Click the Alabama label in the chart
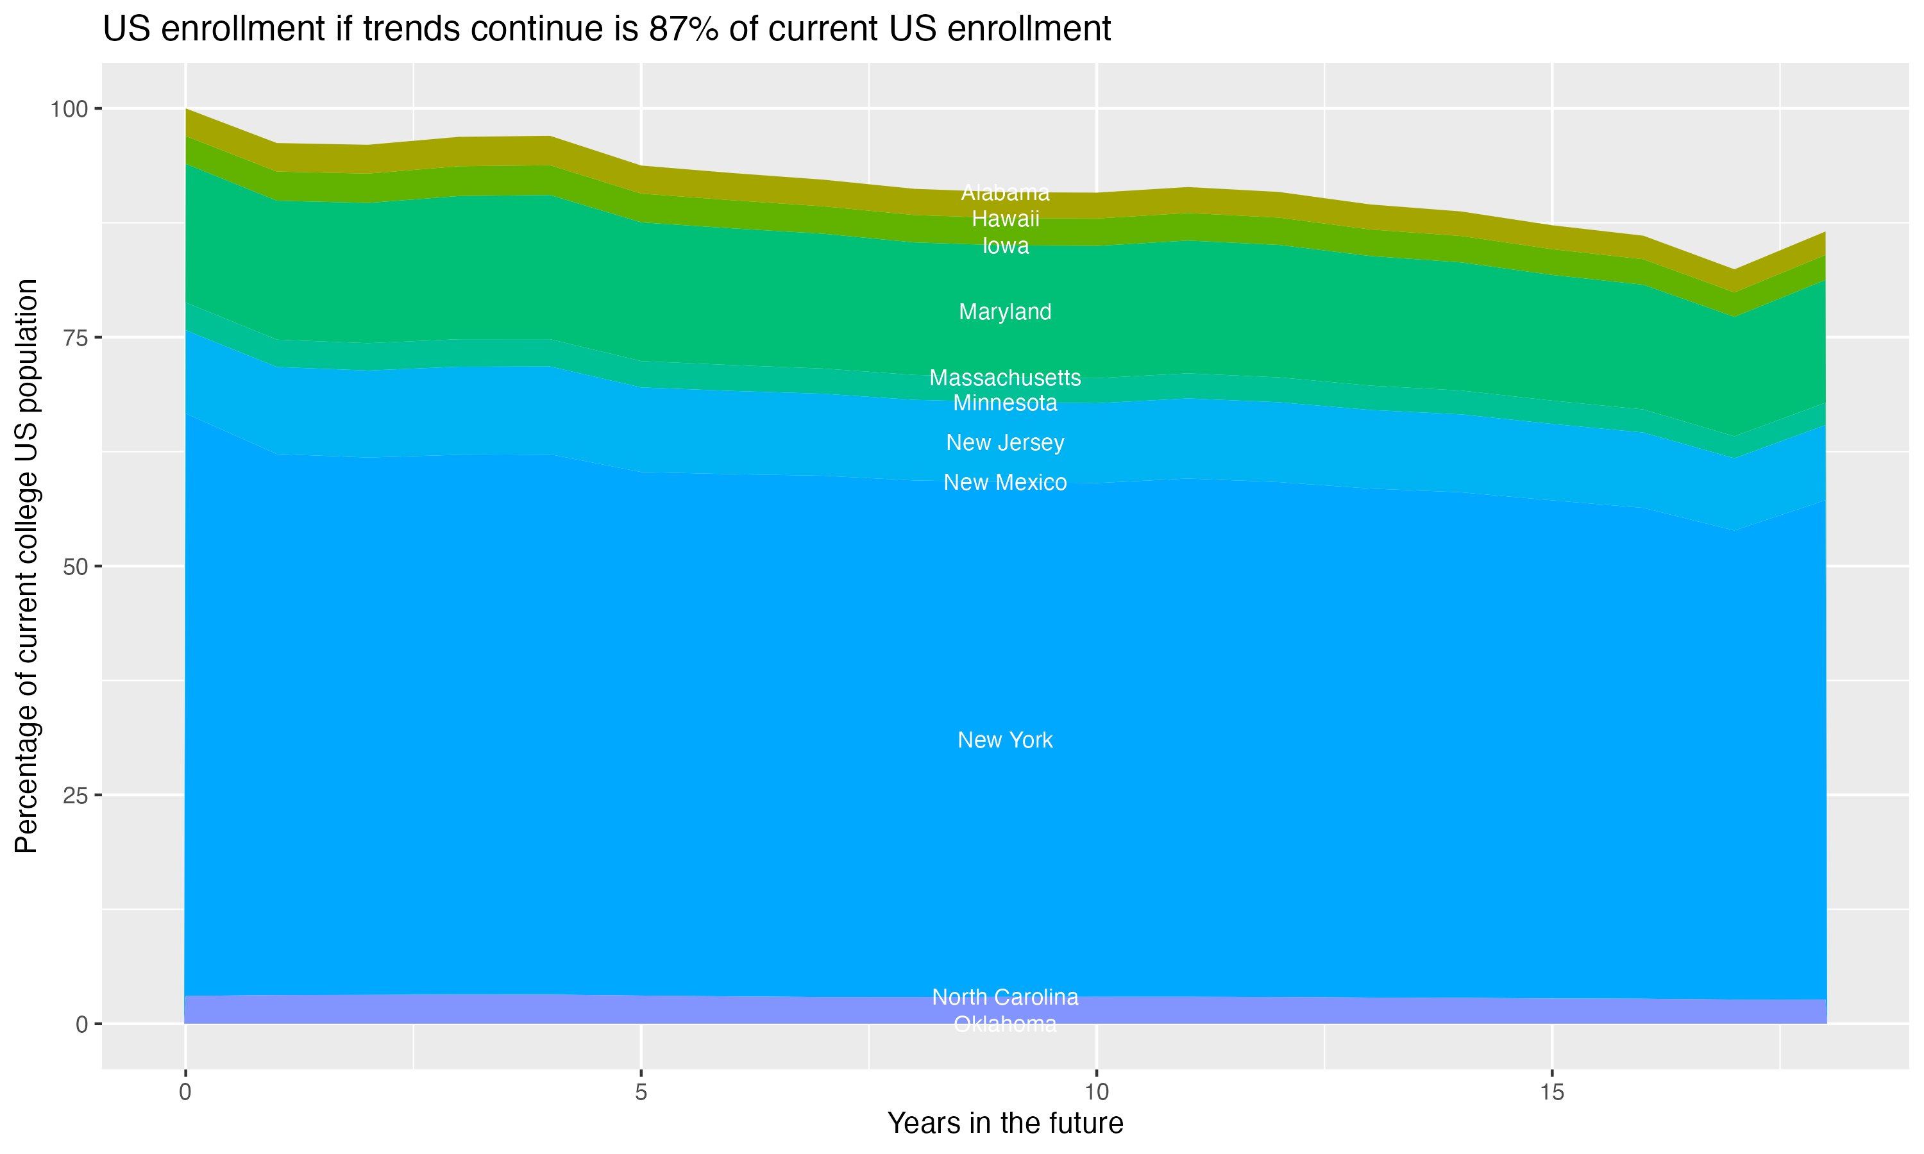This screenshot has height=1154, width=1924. (1005, 192)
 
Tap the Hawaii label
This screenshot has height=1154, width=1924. (1005, 219)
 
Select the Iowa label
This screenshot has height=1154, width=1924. (1005, 246)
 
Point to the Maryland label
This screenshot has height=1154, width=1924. (1005, 312)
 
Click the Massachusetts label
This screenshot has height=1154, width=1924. (1005, 378)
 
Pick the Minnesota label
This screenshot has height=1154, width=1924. (1005, 403)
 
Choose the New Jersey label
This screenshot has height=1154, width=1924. (1005, 442)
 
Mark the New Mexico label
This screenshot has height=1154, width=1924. (1005, 482)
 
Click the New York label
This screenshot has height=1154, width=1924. (1005, 740)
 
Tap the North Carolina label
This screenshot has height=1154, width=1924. (1005, 997)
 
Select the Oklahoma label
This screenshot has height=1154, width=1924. (1005, 1024)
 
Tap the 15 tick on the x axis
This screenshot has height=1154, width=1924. (1551, 1092)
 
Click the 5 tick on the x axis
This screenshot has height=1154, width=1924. (640, 1092)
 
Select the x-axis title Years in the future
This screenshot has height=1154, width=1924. (1005, 1123)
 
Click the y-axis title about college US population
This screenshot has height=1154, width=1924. (26, 566)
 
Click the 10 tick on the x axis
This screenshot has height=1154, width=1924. (1096, 1092)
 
